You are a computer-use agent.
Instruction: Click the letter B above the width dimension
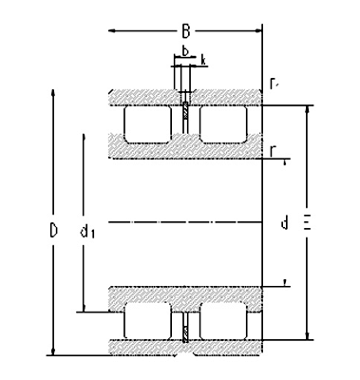(186, 31)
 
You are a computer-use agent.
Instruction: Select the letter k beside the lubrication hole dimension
(202, 60)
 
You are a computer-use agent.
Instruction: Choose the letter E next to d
(306, 224)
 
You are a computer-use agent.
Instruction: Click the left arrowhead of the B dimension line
(112, 31)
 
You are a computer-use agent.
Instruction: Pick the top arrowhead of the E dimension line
(306, 107)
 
